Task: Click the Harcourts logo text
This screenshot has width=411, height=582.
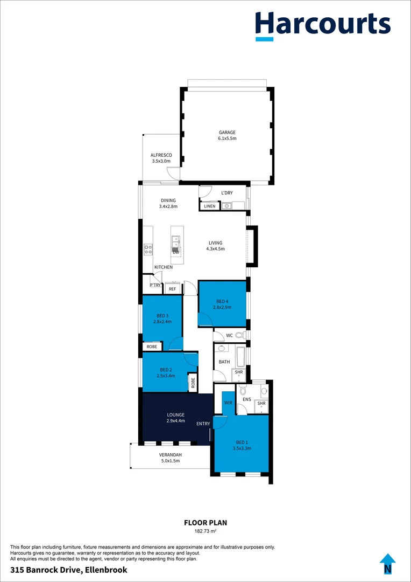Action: pyautogui.click(x=323, y=24)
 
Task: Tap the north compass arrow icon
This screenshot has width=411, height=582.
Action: pyautogui.click(x=387, y=564)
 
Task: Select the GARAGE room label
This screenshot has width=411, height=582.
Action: pyautogui.click(x=227, y=133)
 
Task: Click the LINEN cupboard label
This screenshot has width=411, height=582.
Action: pyautogui.click(x=209, y=206)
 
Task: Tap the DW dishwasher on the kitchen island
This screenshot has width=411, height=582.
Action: pyautogui.click(x=176, y=252)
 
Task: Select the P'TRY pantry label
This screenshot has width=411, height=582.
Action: pyautogui.click(x=155, y=285)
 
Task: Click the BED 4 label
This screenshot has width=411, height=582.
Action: pyautogui.click(x=222, y=302)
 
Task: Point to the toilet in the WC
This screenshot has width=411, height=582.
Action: pyautogui.click(x=239, y=335)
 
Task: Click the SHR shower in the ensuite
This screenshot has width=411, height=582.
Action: pyautogui.click(x=261, y=403)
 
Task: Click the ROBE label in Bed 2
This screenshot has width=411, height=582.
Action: pyautogui.click(x=192, y=383)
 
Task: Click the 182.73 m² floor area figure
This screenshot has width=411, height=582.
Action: pyautogui.click(x=205, y=531)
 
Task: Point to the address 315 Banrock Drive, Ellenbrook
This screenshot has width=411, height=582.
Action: pyautogui.click(x=69, y=570)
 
